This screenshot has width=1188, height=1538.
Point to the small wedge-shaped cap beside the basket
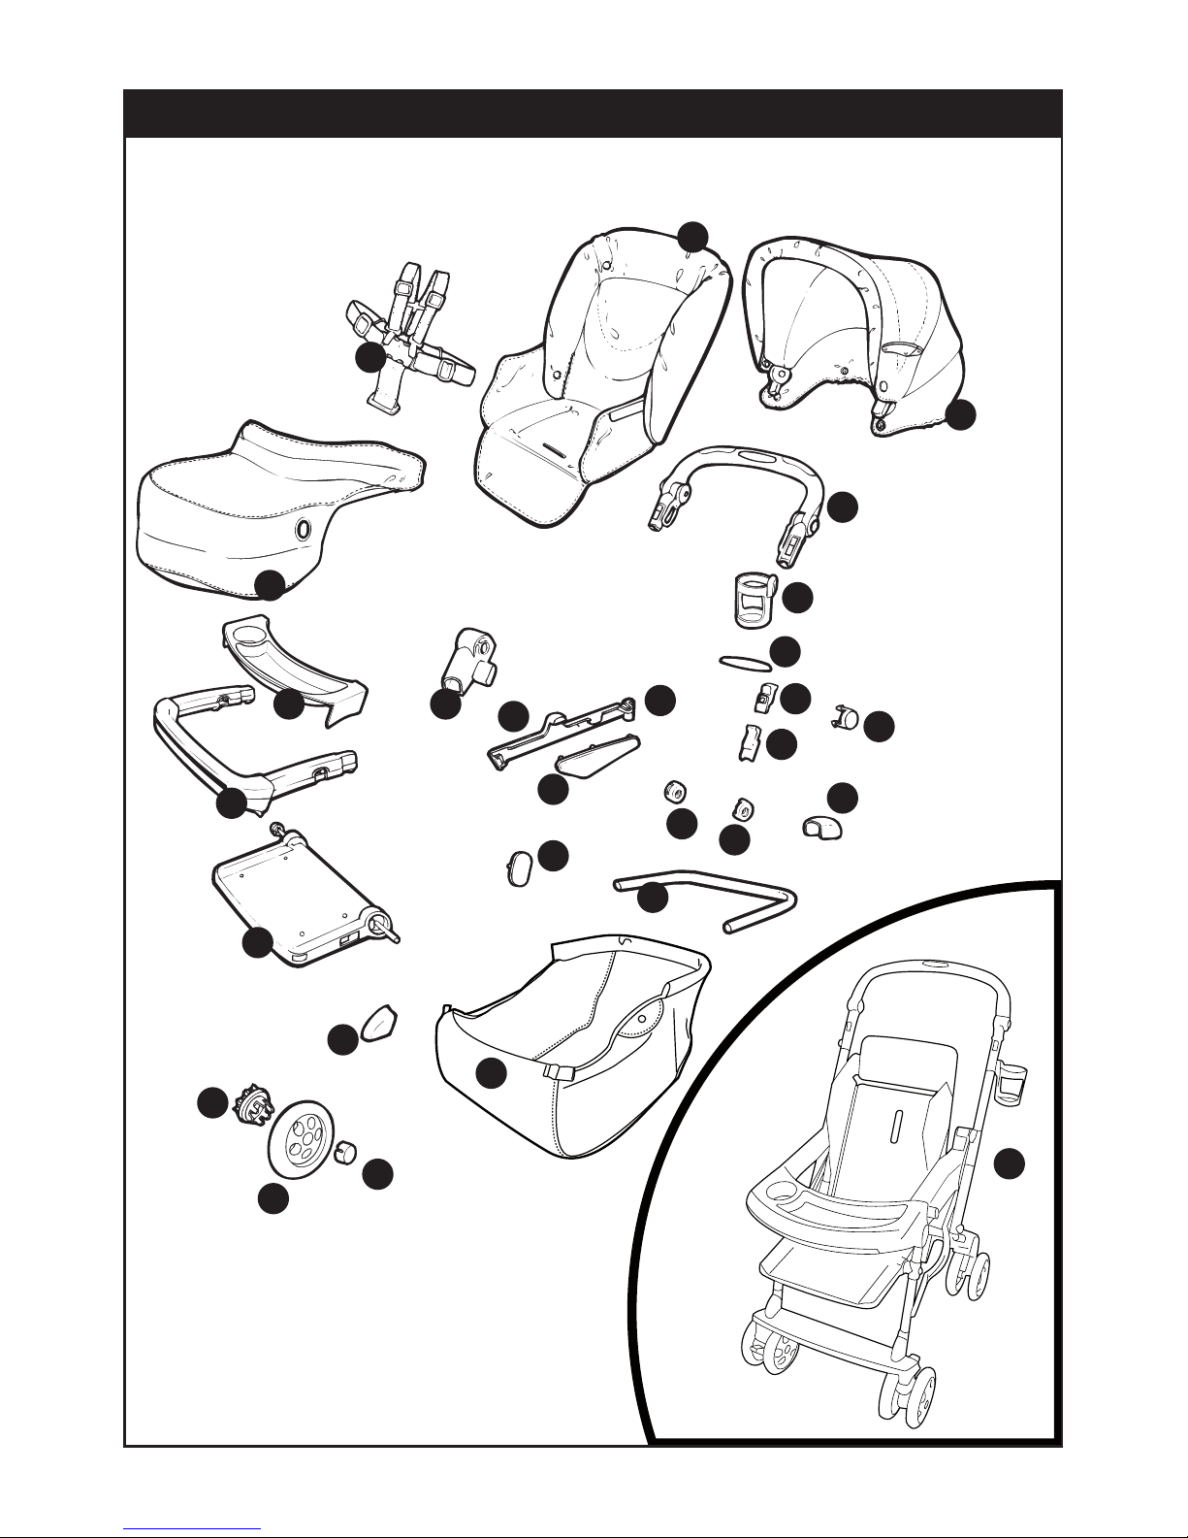[379, 1024]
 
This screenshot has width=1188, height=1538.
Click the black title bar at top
[593, 114]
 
